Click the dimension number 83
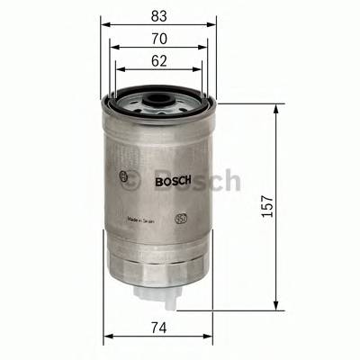coord(158,14)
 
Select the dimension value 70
coord(158,39)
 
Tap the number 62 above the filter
coord(158,61)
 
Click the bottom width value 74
coord(158,328)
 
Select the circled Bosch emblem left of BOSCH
coord(122,177)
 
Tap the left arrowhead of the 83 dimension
coord(103,25)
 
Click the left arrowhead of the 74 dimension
coord(109,338)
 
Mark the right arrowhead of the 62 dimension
coord(199,70)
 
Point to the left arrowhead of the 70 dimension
coord(113,48)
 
